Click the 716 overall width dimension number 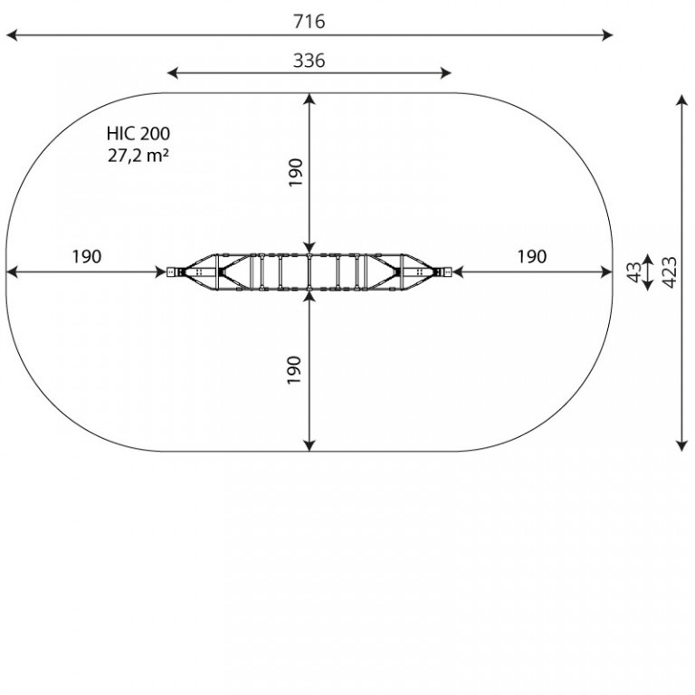click(x=309, y=22)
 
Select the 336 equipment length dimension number click(x=309, y=61)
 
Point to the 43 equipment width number click(x=634, y=272)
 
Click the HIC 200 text click(x=138, y=133)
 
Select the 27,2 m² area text click(x=138, y=155)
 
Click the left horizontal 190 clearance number click(x=87, y=256)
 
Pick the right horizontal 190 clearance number click(x=532, y=256)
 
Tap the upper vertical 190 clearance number click(x=295, y=173)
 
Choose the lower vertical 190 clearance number click(x=294, y=370)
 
